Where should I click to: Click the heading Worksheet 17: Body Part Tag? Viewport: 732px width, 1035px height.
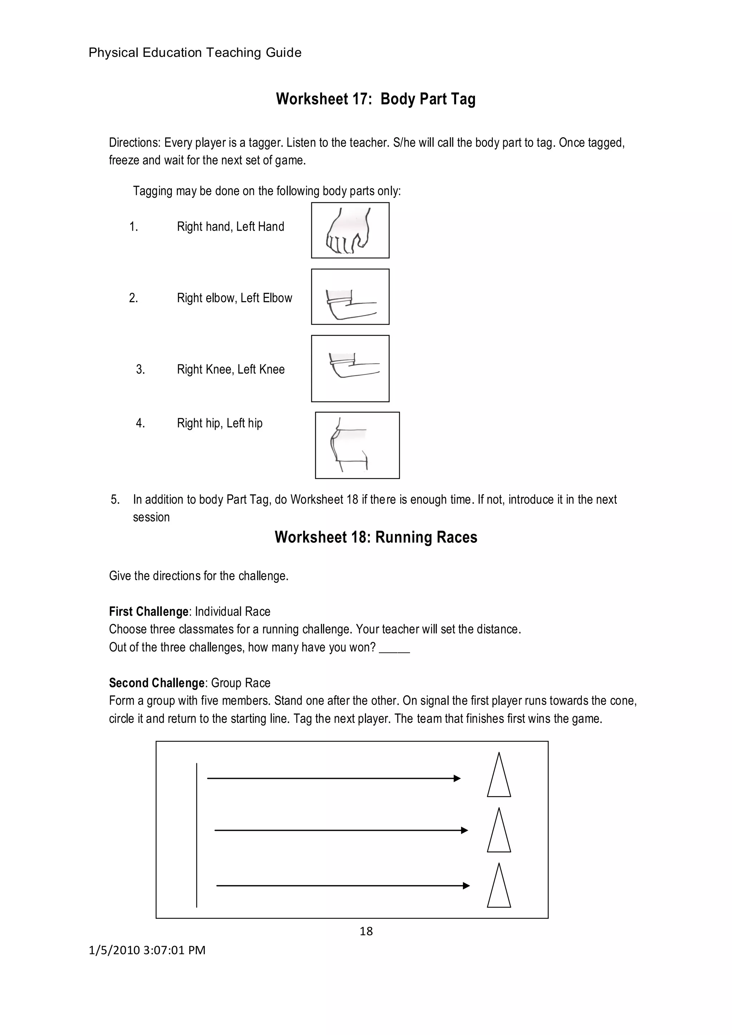pos(375,99)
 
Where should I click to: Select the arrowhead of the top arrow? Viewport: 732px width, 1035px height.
pos(457,778)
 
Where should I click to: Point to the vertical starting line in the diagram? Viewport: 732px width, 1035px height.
pos(197,834)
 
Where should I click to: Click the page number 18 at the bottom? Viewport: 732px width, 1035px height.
pos(366,931)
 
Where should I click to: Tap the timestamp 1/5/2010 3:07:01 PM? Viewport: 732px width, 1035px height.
pos(147,950)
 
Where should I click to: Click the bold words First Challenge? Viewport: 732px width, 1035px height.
pos(148,611)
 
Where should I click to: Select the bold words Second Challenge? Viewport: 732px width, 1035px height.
pos(157,682)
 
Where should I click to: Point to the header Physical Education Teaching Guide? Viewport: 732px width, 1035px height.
pos(195,53)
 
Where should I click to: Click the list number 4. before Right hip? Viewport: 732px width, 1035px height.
pos(140,423)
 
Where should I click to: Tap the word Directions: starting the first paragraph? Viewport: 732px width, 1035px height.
pos(134,143)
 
